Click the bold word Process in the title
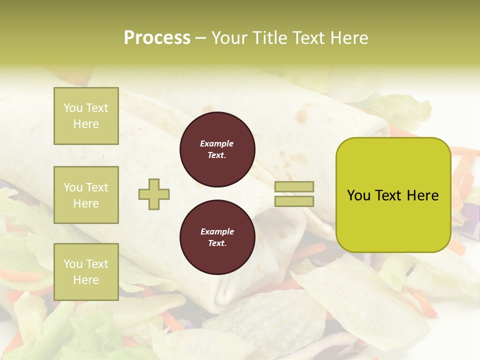point(157,38)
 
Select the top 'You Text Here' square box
point(86,116)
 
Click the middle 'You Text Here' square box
point(86,195)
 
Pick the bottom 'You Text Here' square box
point(86,271)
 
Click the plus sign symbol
point(154,194)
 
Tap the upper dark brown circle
point(217,149)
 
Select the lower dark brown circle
point(217,237)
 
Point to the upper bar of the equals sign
point(294,187)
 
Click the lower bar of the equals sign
point(294,201)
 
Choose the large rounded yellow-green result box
point(393,195)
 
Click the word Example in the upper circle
point(216,143)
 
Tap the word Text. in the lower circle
point(217,243)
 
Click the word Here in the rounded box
point(422,195)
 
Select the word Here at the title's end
point(348,38)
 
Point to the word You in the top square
point(73,108)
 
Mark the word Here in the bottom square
point(86,280)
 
